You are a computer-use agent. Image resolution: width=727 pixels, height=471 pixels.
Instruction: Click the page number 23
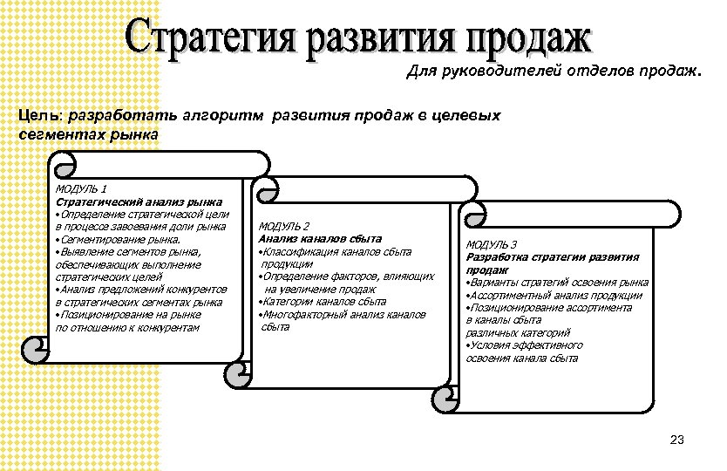[678, 439]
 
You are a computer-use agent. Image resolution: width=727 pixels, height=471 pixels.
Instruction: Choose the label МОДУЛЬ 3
[493, 245]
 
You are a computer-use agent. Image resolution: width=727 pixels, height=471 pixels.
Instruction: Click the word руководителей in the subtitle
[490, 73]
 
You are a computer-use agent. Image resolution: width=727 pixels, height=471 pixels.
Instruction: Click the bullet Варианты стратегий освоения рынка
[559, 283]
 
